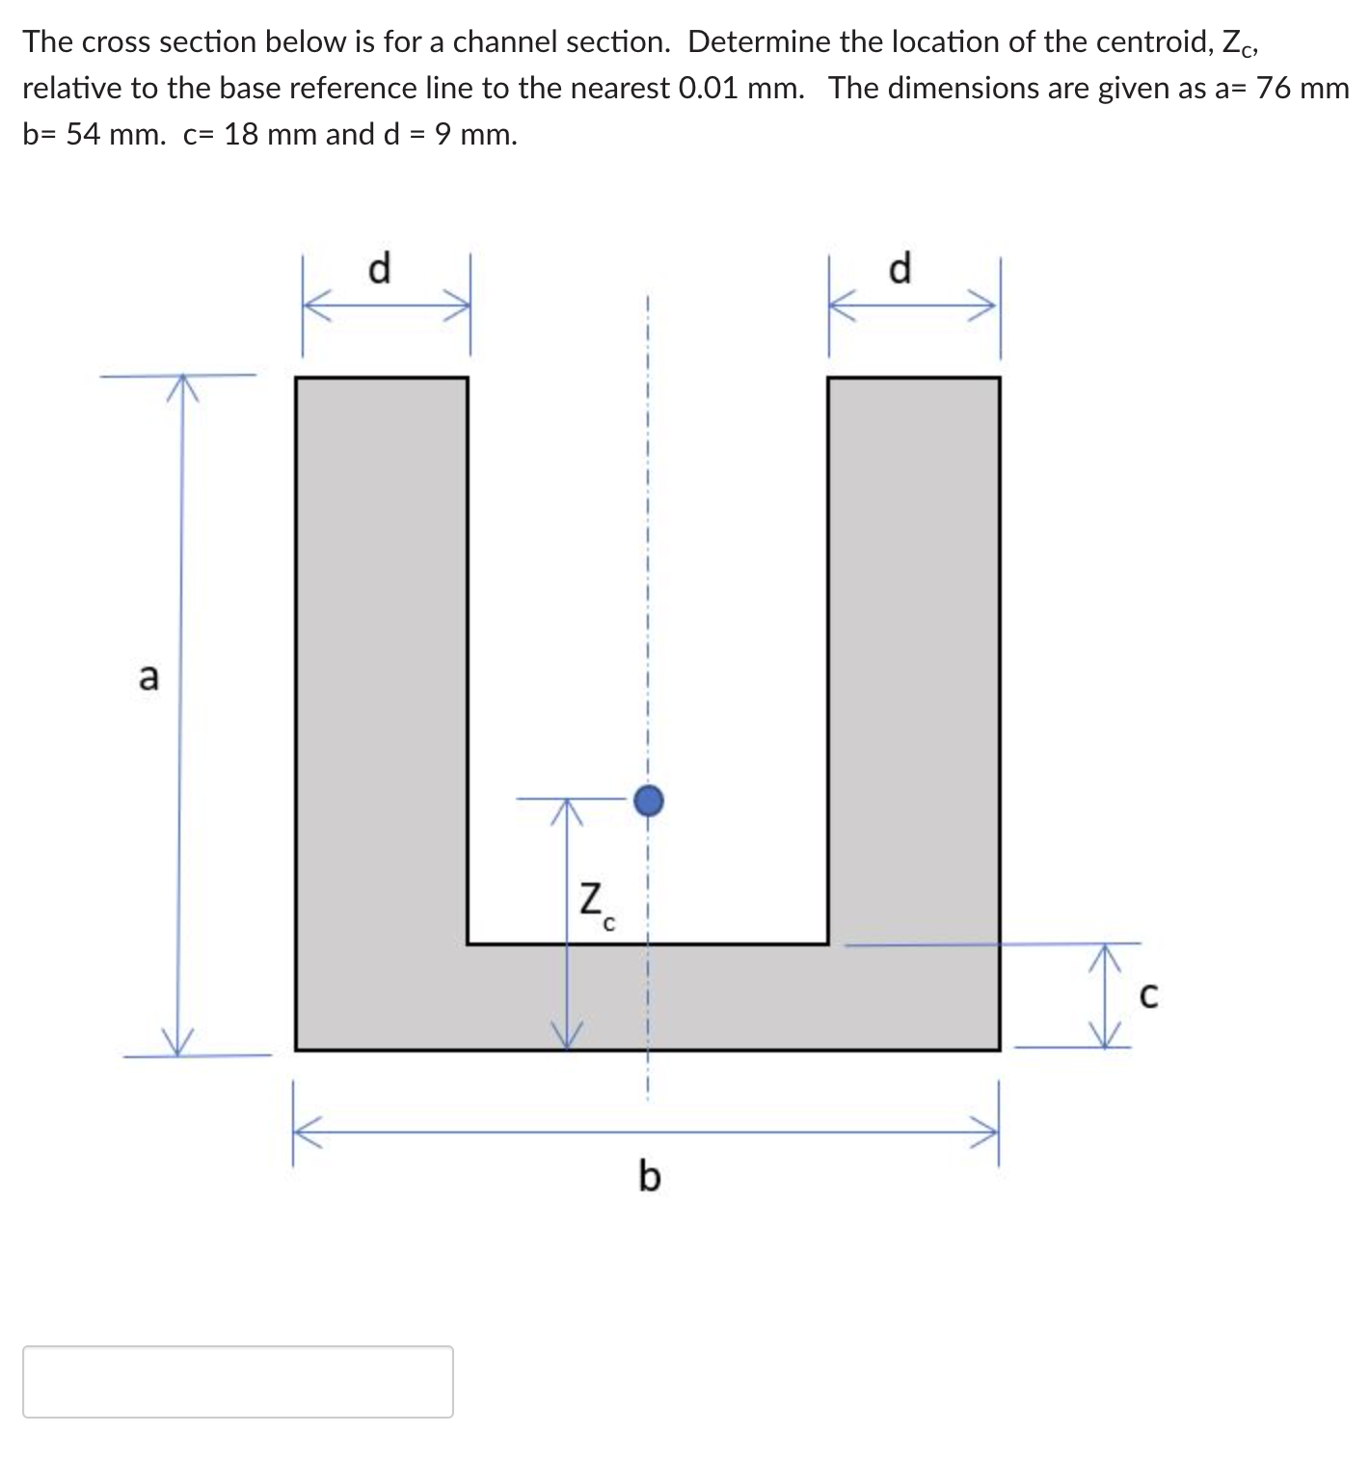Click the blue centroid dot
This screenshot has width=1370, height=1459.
[x=649, y=800]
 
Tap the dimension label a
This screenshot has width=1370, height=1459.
[x=148, y=676]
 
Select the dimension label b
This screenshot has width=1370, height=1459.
[x=650, y=1176]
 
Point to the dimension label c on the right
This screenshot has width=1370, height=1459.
[x=1147, y=995]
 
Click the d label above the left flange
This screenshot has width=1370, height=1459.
[x=380, y=267]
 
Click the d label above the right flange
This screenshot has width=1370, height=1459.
[x=899, y=267]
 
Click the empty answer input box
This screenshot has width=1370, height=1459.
[x=237, y=1381]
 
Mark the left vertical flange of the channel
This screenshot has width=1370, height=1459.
[x=381, y=655]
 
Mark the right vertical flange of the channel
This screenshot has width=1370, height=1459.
[x=913, y=655]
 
